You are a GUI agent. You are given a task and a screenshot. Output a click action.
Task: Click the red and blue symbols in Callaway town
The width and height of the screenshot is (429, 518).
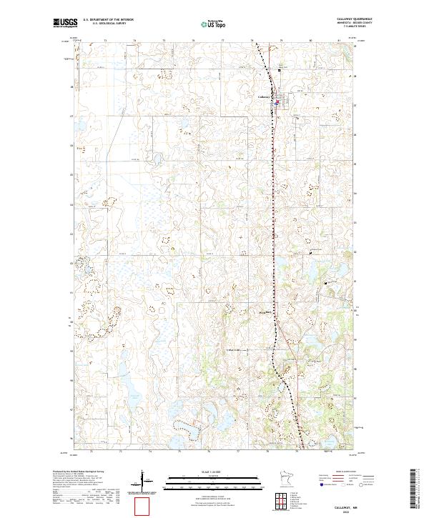(x=277, y=102)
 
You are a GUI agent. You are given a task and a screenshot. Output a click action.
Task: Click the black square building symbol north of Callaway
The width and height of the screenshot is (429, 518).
(x=280, y=69)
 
